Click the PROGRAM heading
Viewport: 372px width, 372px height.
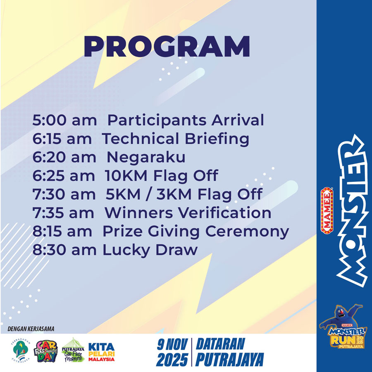(x=167, y=46)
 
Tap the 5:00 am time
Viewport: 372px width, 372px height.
(x=64, y=120)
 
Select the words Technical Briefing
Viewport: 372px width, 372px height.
(x=176, y=139)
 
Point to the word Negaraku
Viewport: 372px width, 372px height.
(x=146, y=157)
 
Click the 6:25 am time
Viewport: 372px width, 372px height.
(x=64, y=176)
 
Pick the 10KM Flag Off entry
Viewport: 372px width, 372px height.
(x=161, y=176)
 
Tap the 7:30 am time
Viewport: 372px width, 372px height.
(x=64, y=194)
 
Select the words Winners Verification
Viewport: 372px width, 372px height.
(x=188, y=213)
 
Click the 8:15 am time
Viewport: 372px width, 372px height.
(x=62, y=231)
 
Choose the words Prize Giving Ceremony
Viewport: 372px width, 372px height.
(x=196, y=232)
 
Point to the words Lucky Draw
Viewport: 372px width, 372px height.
(x=150, y=250)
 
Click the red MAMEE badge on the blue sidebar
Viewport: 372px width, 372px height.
(x=327, y=210)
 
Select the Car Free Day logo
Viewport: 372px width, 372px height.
(x=46, y=351)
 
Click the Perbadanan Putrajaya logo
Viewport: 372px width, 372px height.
(x=21, y=351)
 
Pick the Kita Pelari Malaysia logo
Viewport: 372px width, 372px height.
(x=102, y=352)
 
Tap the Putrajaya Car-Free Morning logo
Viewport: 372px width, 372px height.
(x=73, y=350)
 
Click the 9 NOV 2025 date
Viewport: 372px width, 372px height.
(x=172, y=352)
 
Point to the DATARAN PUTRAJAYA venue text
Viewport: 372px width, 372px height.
(x=230, y=352)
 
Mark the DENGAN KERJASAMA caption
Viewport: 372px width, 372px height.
(x=31, y=329)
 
